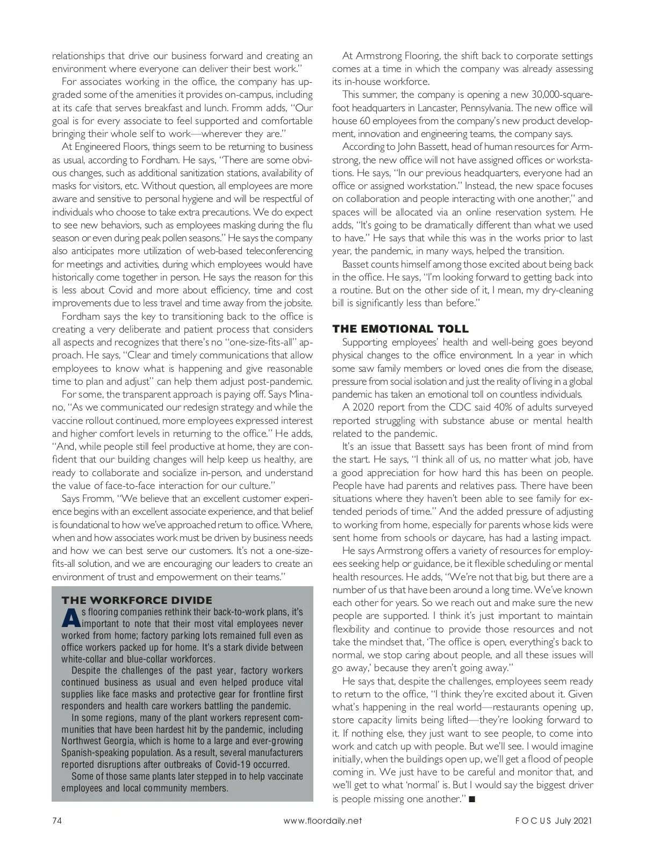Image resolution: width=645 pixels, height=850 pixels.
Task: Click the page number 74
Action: coord(57,820)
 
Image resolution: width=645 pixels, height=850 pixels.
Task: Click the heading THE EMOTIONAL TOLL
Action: coord(400,329)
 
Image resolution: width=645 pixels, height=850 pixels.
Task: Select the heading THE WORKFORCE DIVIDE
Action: coord(137,600)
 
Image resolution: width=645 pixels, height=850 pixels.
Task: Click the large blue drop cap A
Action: coord(70,618)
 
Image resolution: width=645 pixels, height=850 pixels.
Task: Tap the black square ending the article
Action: coord(472,799)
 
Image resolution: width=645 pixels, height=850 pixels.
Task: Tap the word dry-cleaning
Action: coord(565,290)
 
